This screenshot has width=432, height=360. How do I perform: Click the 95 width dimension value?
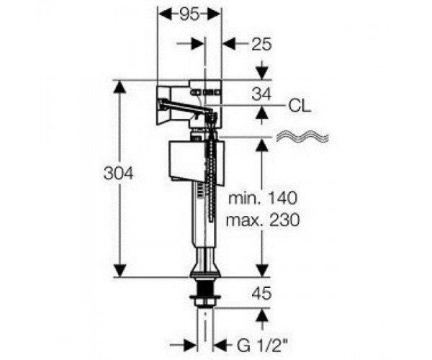pyautogui.click(x=189, y=14)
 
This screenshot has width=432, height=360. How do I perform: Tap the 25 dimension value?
pyautogui.click(x=261, y=44)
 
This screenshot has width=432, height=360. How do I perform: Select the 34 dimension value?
pyautogui.click(x=261, y=94)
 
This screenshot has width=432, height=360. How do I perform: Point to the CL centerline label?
pyautogui.click(x=300, y=106)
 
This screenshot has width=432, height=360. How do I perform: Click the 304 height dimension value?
pyautogui.click(x=119, y=174)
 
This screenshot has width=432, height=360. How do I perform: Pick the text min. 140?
pyautogui.click(x=263, y=198)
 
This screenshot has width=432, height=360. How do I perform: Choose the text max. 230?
pyautogui.click(x=263, y=220)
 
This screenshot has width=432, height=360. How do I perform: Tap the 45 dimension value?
pyautogui.click(x=261, y=293)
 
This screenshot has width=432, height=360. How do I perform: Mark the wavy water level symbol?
pyautogui.click(x=302, y=136)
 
